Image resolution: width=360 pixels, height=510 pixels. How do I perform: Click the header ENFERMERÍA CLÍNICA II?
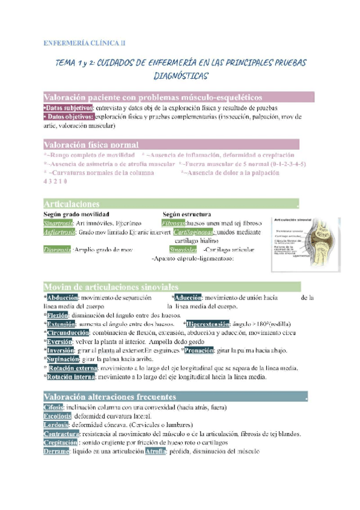pyautogui.click(x=85, y=43)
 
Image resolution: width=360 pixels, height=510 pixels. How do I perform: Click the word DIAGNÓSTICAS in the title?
pyautogui.click(x=180, y=76)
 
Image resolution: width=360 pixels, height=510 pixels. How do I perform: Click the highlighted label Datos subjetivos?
pyautogui.click(x=69, y=108)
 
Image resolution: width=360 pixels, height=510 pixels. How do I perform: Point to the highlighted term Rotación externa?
pyautogui.click(x=73, y=367)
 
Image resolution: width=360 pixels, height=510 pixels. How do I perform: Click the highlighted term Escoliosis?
pyautogui.click(x=58, y=416)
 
